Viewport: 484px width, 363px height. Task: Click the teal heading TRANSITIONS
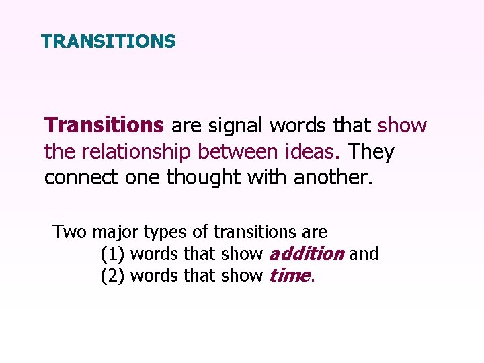(x=108, y=42)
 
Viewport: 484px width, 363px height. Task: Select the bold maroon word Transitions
(x=104, y=126)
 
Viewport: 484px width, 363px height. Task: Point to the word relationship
(x=138, y=152)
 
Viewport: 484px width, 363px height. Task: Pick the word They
(x=372, y=152)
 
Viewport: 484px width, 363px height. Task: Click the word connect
(x=79, y=178)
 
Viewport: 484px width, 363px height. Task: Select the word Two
(x=71, y=233)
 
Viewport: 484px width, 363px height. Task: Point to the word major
(x=117, y=233)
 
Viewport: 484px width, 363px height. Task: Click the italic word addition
(x=306, y=254)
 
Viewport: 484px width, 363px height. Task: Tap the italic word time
(x=289, y=276)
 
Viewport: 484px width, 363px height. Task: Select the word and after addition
(x=364, y=254)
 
